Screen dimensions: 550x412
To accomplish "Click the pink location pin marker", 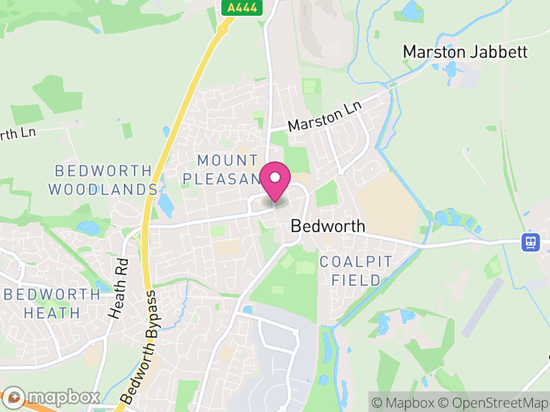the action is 275,181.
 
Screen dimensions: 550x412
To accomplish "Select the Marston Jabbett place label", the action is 465,51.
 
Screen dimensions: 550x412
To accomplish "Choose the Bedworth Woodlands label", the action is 103,179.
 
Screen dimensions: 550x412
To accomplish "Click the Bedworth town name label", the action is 328,226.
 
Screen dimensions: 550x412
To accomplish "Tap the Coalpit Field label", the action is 355,271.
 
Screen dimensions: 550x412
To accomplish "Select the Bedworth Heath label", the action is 52,304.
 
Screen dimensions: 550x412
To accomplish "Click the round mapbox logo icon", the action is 15,397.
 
